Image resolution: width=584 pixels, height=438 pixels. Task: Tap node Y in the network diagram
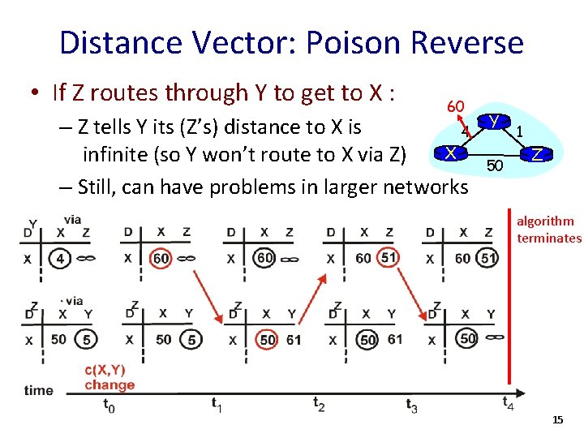click(x=493, y=122)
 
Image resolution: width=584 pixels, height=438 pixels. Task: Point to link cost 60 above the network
click(x=455, y=107)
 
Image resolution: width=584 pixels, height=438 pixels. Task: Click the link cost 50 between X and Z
click(x=495, y=166)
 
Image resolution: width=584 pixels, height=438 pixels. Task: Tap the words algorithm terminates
click(x=549, y=230)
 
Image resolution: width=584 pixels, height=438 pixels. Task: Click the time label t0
click(x=109, y=406)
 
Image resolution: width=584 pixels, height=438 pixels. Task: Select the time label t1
click(x=217, y=403)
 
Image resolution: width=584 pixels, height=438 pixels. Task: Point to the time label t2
click(x=318, y=403)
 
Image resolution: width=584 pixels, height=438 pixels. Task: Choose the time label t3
click(x=412, y=406)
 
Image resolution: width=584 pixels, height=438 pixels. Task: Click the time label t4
click(x=508, y=403)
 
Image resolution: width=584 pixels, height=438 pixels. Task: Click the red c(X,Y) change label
click(x=109, y=378)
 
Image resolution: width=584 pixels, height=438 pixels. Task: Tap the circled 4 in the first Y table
click(x=62, y=259)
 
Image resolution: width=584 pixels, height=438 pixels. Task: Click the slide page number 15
click(x=557, y=419)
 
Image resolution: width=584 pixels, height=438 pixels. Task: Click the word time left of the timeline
click(x=38, y=390)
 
